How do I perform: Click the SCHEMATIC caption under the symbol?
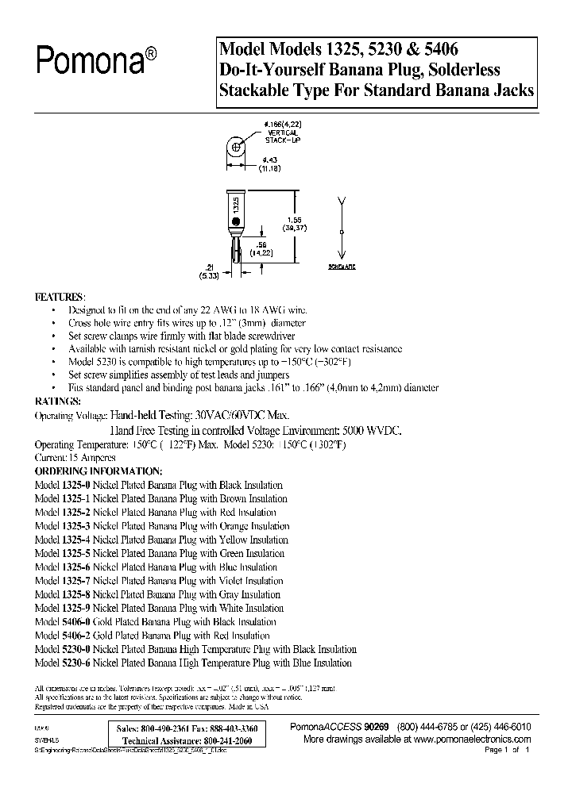(x=342, y=267)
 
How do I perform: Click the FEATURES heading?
(x=59, y=297)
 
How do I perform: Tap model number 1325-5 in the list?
(x=77, y=553)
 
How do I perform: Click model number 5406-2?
(x=77, y=636)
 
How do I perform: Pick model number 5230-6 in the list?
(x=77, y=663)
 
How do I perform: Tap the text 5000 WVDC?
(x=372, y=429)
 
